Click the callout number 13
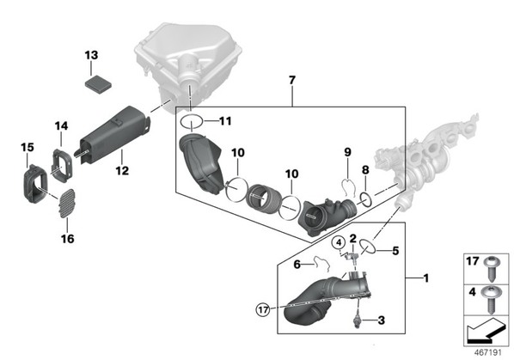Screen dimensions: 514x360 pos(91,55)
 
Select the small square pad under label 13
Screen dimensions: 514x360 pos(98,84)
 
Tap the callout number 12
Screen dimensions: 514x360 pos(122,170)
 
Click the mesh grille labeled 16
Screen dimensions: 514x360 pos(67,204)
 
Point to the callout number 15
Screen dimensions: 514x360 pos(28,147)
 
